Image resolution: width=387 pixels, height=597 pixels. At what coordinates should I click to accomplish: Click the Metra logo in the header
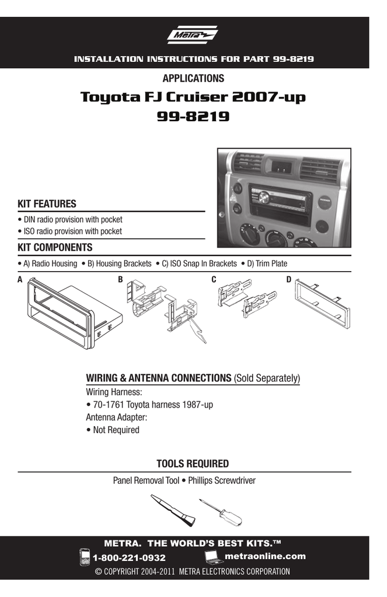[x=193, y=37]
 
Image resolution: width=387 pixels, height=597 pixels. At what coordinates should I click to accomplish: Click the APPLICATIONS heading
[x=193, y=78]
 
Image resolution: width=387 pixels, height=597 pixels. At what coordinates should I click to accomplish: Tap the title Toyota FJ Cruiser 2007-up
[x=193, y=97]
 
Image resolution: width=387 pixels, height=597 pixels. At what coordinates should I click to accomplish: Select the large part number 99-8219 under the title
[x=193, y=117]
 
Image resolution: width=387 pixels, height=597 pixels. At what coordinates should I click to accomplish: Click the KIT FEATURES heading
[x=47, y=204]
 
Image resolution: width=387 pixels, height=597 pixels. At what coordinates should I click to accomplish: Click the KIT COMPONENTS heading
[x=55, y=248]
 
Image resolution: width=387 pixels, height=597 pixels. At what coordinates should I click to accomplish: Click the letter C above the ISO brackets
[x=214, y=280]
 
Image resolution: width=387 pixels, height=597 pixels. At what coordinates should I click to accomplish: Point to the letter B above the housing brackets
[x=120, y=280]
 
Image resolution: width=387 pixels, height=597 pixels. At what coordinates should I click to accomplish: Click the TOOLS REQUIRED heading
[x=193, y=463]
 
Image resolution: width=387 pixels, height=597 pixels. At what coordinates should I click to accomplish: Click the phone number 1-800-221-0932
[x=134, y=558]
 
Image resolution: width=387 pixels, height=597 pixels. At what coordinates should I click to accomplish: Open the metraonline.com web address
[x=264, y=556]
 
